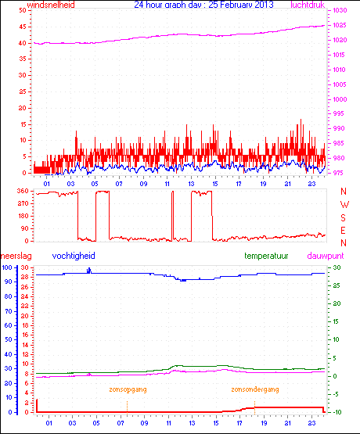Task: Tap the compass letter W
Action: click(344, 203)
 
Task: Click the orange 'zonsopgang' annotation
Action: click(127, 389)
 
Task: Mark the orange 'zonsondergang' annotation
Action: click(254, 389)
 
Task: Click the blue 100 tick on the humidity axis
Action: click(7, 267)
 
